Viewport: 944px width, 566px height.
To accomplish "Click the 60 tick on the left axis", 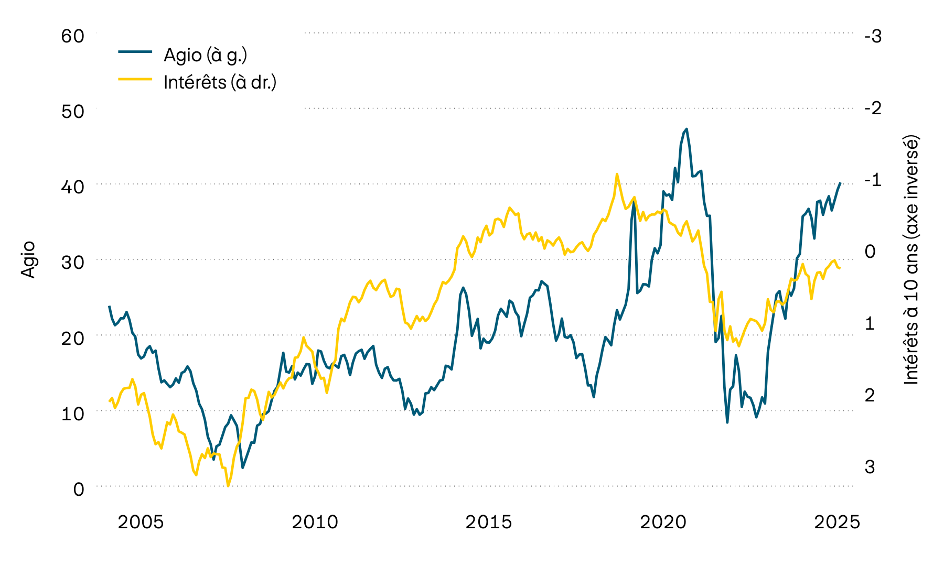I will (72, 36).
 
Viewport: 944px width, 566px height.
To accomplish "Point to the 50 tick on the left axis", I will (72, 112).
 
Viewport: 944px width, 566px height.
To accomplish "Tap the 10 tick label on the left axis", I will (72, 413).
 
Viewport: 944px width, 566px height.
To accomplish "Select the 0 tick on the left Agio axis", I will (78, 489).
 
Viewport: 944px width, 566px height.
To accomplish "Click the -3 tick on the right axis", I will (873, 36).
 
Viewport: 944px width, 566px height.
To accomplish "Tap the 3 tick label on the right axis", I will (870, 466).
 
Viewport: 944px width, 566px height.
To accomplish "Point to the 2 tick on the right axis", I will (870, 395).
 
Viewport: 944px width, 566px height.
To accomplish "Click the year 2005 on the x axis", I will (141, 522).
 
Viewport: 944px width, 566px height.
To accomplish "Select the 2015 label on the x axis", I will (488, 522).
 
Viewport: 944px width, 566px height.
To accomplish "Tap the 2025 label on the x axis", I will (837, 522).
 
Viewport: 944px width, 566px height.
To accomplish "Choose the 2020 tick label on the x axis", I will (663, 522).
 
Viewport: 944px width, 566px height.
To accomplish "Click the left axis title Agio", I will (28, 259).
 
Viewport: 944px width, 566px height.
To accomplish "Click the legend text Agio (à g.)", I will (205, 55).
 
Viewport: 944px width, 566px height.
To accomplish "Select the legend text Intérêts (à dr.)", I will (220, 82).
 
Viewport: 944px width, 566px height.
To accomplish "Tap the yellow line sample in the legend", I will (135, 79).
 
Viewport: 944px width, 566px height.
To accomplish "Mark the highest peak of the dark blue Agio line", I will (686, 129).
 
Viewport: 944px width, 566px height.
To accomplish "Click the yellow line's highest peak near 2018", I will (617, 174).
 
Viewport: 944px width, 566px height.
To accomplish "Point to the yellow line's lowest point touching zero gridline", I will (228, 486).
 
